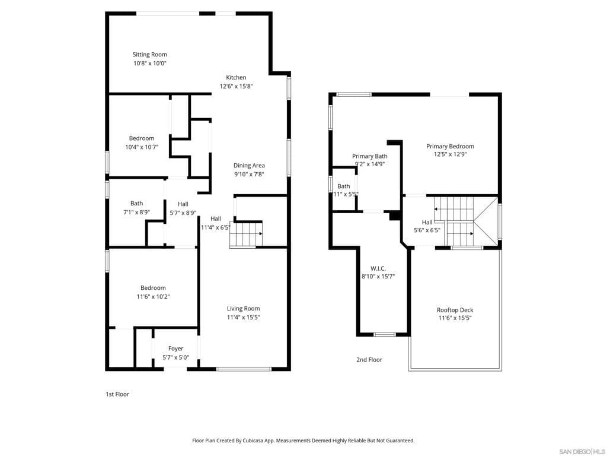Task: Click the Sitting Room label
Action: [149, 55]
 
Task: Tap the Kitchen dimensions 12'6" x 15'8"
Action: [236, 86]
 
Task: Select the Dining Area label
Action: [249, 166]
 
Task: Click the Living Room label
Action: [243, 308]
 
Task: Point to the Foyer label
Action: [175, 349]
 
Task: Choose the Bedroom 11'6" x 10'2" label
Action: [153, 288]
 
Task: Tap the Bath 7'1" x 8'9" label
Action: [136, 204]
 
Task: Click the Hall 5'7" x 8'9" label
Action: [183, 204]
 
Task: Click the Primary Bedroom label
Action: [450, 146]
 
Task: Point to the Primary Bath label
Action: [369, 156]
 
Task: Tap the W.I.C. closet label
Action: [378, 268]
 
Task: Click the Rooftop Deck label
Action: [455, 310]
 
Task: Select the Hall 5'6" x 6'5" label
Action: [427, 222]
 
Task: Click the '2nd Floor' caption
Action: [369, 360]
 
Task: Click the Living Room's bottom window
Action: [244, 369]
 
